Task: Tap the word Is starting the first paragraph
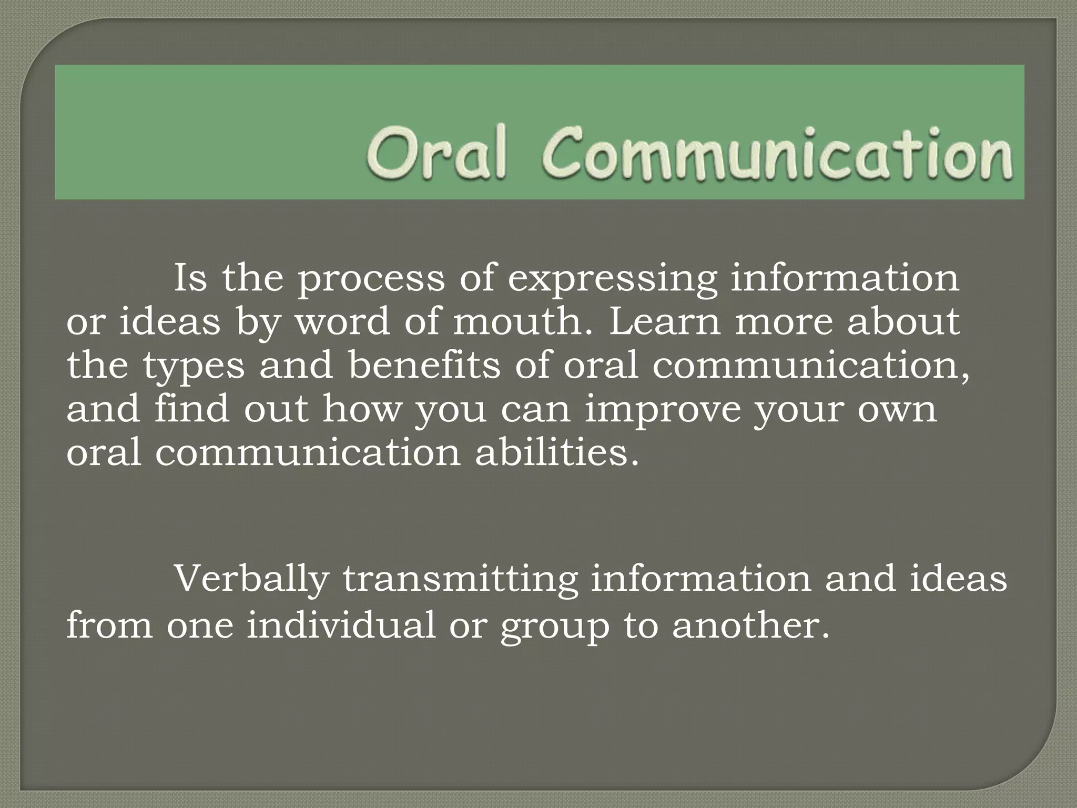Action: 190,278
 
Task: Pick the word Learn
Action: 664,322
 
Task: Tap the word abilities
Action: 557,453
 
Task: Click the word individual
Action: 341,625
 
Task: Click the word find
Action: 191,409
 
